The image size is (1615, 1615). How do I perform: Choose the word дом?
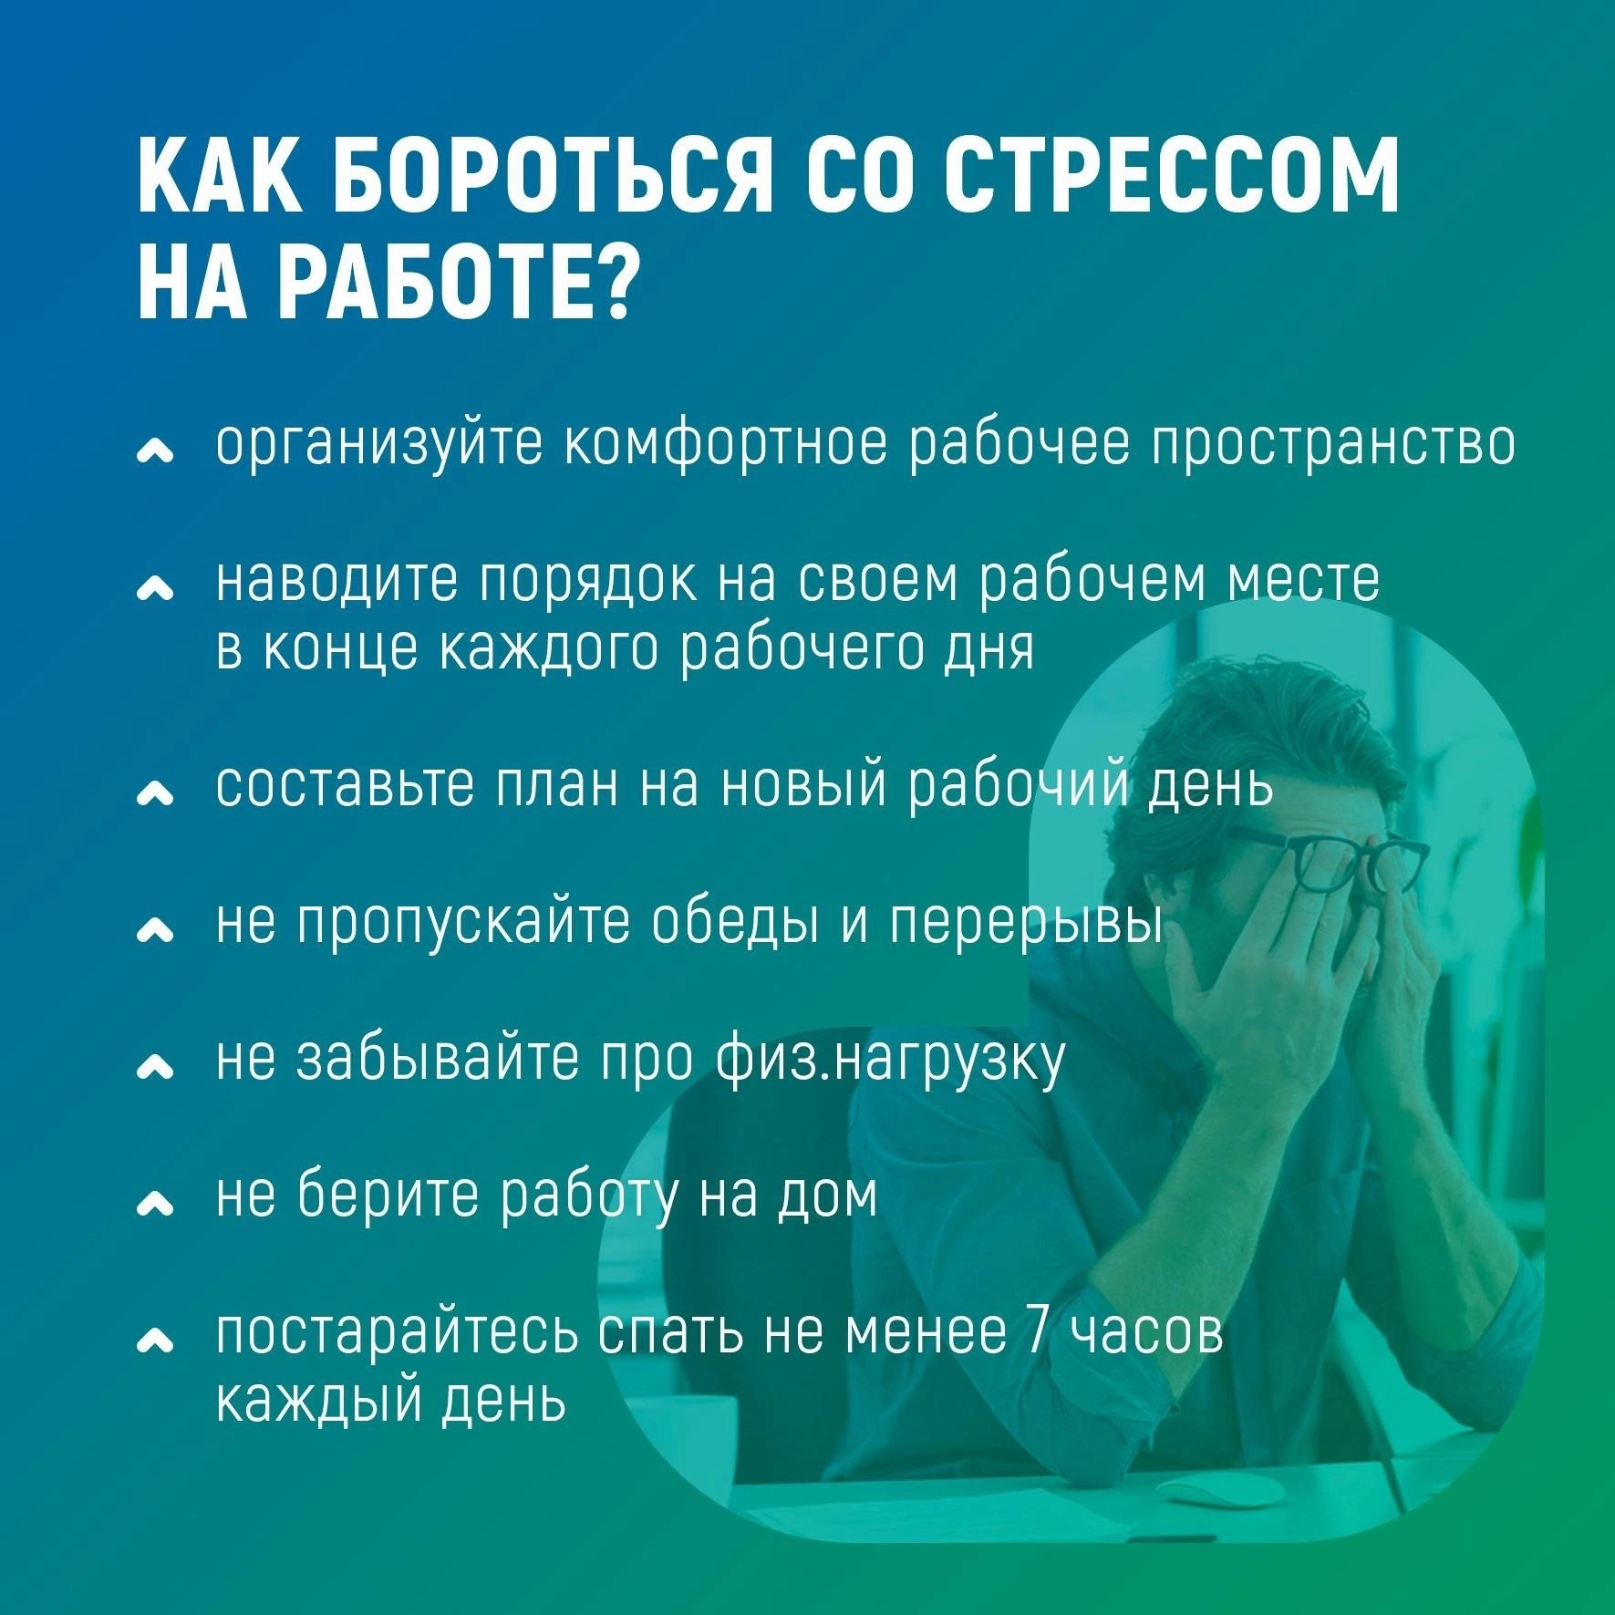pyautogui.click(x=825, y=1195)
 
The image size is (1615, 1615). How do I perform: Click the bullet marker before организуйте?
pyautogui.click(x=154, y=451)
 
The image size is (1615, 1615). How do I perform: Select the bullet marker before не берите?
pyautogui.click(x=154, y=1206)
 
